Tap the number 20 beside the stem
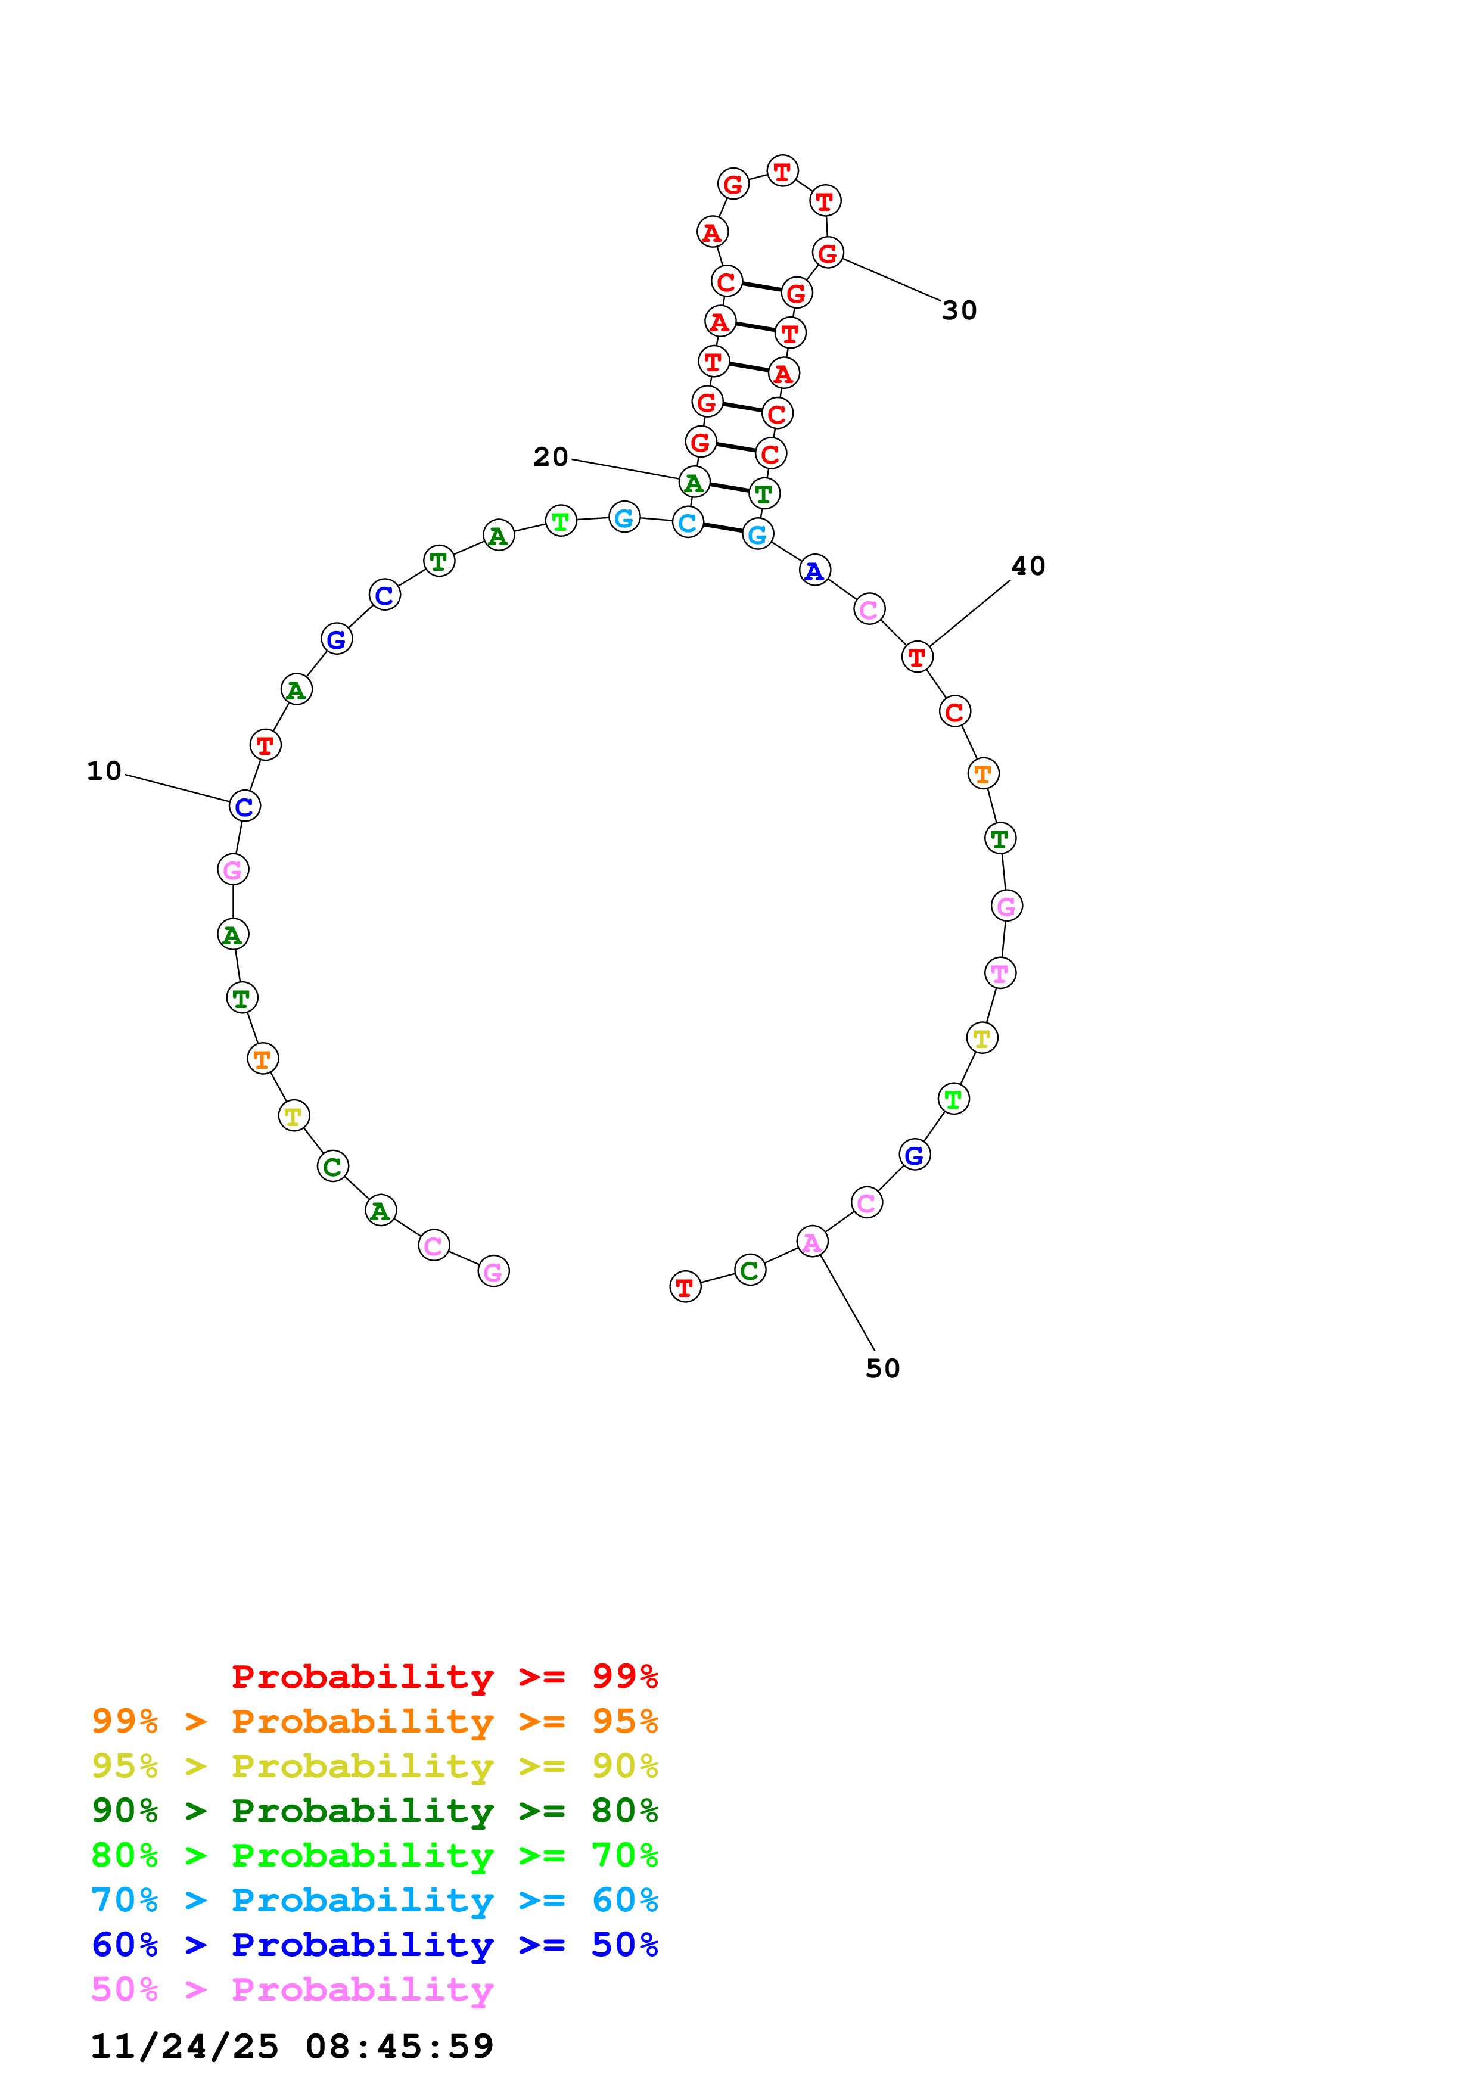(551, 457)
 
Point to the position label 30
(959, 310)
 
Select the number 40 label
(1028, 566)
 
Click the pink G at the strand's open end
(493, 1271)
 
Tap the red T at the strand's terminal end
(685, 1286)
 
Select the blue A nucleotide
(814, 571)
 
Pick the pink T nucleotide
(1000, 973)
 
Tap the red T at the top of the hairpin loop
(782, 171)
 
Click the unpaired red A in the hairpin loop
(711, 232)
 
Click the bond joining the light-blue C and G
(723, 528)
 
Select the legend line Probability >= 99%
(444, 1677)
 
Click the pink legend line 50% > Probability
(291, 1990)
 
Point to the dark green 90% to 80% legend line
(374, 1811)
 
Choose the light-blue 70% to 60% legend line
(374, 1900)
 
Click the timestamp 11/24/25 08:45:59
(291, 2047)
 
